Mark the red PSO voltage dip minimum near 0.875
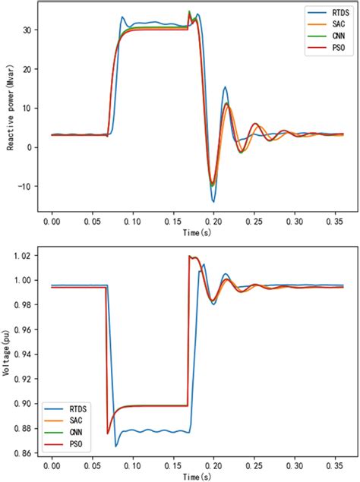(x=109, y=433)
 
